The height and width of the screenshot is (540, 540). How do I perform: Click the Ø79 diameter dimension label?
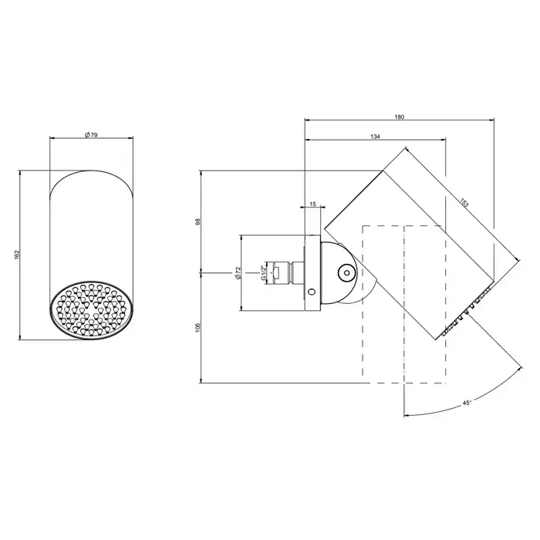pos(91,135)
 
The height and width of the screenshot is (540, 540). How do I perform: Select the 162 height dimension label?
pos(18,255)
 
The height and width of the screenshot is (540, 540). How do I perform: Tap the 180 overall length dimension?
pos(399,117)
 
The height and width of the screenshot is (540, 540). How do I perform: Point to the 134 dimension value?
pos(375,137)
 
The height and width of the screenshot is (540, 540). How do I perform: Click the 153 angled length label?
pos(464,202)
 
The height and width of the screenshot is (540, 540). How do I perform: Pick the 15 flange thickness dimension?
pos(312,204)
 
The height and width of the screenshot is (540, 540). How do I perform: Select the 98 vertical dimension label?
pos(197,222)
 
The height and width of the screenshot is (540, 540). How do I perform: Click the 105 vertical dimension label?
pos(197,328)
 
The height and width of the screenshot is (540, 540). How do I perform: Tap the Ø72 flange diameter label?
pos(238,273)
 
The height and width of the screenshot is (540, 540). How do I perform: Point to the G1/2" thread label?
pos(263,273)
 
